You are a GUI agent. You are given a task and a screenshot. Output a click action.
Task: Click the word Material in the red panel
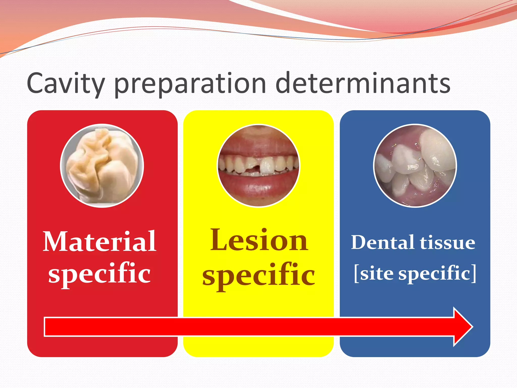pyautogui.click(x=99, y=242)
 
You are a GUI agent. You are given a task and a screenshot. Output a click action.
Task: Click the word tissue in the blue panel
pyautogui.click(x=448, y=243)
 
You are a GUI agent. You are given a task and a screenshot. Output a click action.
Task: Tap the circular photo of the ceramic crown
pyautogui.click(x=102, y=166)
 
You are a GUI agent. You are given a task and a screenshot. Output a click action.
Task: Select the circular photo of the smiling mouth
pyautogui.click(x=258, y=166)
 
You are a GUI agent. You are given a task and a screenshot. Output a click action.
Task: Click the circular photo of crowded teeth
pyautogui.click(x=415, y=166)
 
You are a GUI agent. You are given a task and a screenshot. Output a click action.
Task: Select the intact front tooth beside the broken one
pyautogui.click(x=267, y=165)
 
